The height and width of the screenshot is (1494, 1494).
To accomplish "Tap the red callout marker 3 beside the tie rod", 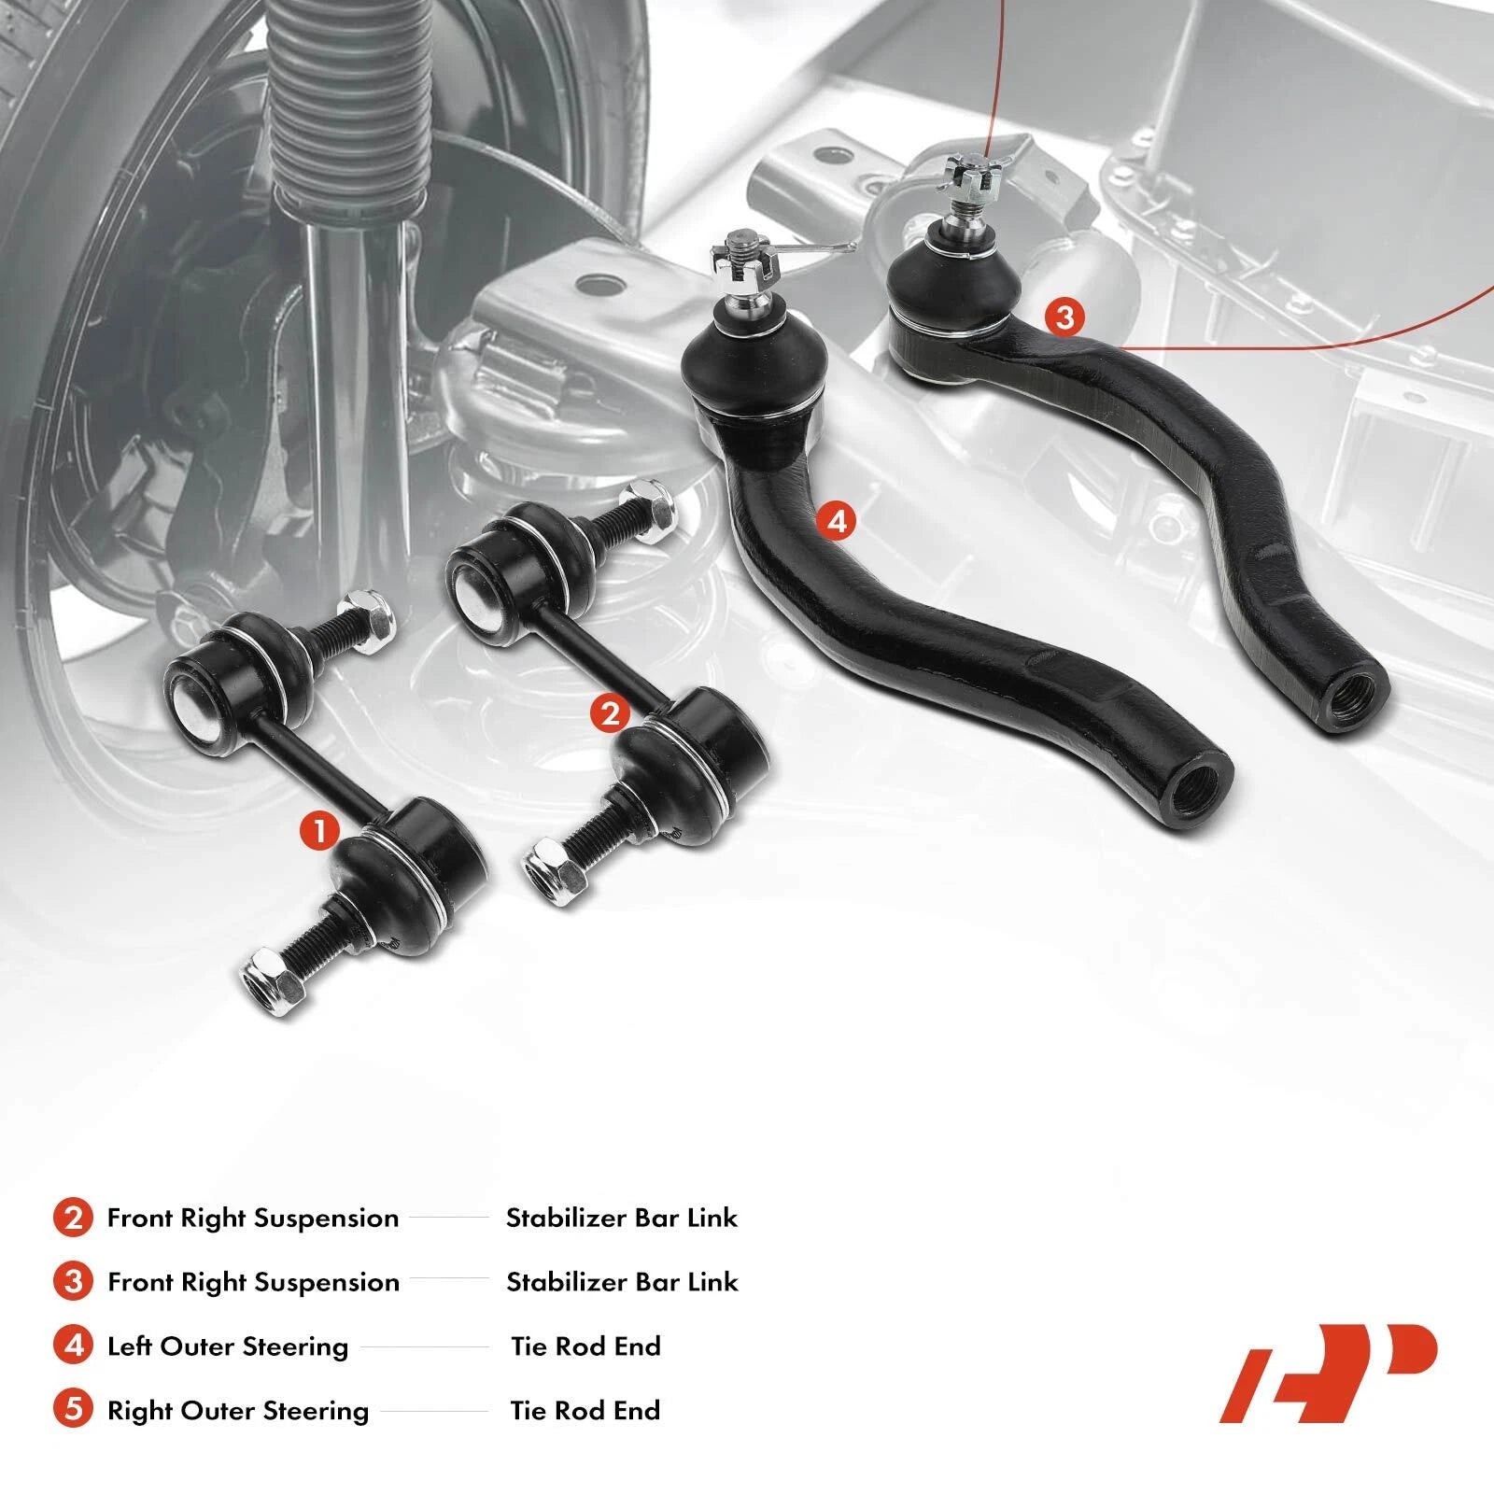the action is tap(1065, 317).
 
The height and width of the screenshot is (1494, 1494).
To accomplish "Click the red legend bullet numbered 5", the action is tap(73, 1409).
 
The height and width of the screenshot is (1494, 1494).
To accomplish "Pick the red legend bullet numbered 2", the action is tap(73, 1218).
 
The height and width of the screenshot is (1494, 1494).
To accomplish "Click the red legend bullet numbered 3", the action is tap(73, 1282).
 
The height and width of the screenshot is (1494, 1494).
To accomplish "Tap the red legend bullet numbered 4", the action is tap(73, 1346).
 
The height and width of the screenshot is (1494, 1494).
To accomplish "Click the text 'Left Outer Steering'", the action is tap(228, 1346).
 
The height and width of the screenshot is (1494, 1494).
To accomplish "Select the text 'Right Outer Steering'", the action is tap(238, 1411).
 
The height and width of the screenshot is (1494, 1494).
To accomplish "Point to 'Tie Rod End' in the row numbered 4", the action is tap(585, 1346).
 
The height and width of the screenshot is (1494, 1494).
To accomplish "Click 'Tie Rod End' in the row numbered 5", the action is tap(585, 1410).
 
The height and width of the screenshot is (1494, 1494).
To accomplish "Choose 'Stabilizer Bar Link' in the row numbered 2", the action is tap(622, 1218).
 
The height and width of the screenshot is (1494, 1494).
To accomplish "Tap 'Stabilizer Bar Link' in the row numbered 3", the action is tap(622, 1282).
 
